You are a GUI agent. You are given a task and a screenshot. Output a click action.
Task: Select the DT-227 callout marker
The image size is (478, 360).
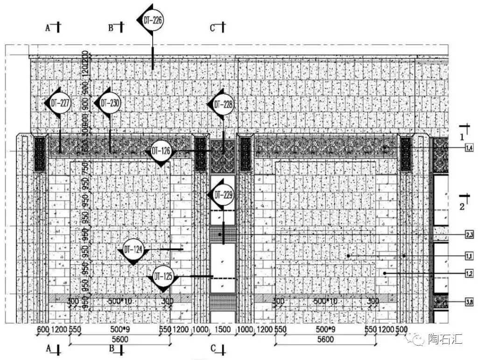pyautogui.click(x=59, y=103)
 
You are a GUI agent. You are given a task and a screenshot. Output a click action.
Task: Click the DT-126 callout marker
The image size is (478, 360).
pyautogui.click(x=161, y=152)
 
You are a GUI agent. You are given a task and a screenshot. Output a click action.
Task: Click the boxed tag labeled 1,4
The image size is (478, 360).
pyautogui.click(x=469, y=148)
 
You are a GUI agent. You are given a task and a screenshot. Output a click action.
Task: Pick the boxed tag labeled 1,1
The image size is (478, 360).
pyautogui.click(x=469, y=256)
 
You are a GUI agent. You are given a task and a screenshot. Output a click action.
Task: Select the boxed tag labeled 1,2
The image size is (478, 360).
pyautogui.click(x=469, y=273)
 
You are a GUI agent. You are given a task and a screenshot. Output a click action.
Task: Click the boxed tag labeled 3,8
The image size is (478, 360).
pyautogui.click(x=469, y=303)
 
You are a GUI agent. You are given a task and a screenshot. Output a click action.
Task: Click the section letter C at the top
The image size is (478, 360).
pyautogui.click(x=212, y=28)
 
